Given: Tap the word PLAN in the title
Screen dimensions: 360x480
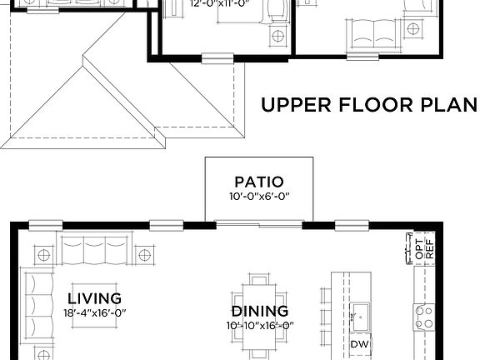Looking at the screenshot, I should (447, 106).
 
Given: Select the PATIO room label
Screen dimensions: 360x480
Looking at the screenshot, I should (258, 182).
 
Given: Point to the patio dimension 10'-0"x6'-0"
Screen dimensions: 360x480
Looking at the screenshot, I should (258, 197).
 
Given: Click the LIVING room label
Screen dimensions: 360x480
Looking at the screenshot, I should (94, 297).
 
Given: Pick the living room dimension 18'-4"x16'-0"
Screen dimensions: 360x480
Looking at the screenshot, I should (94, 312).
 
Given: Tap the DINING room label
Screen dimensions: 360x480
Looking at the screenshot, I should (259, 311).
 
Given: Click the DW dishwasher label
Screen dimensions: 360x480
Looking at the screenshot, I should (359, 344).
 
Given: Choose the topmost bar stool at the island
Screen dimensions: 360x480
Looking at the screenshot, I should (325, 296).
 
